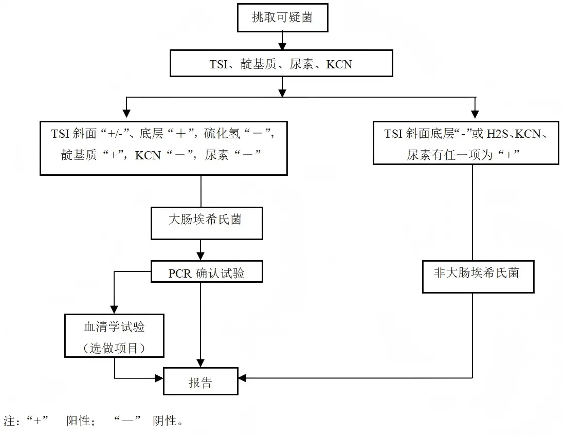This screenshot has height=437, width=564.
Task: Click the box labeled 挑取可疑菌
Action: tap(282, 18)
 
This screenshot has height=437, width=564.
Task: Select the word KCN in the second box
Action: tap(339, 65)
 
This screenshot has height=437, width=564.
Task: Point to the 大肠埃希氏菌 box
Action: tap(206, 223)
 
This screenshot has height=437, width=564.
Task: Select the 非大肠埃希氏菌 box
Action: tap(478, 276)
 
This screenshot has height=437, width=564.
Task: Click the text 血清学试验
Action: tap(114, 327)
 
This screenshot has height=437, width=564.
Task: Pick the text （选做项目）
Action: tap(114, 348)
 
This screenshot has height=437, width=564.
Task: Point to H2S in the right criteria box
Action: tap(498, 134)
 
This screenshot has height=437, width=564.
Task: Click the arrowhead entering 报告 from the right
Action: tap(242, 378)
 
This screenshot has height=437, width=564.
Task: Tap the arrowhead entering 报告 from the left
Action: tap(159, 378)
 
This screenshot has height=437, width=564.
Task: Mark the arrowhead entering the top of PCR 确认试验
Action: tap(201, 256)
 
